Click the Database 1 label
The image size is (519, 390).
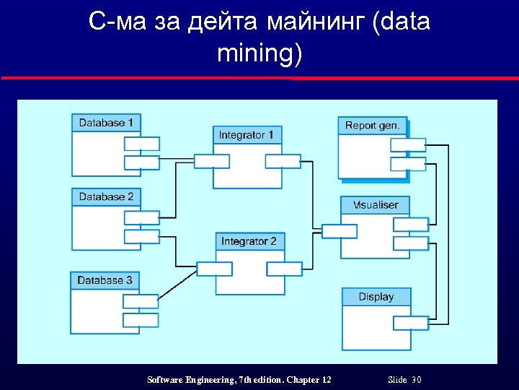[106, 123]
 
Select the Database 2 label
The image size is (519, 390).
[106, 196]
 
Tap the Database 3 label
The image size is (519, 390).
[105, 280]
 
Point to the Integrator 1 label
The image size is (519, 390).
[246, 135]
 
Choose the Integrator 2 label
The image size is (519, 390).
[249, 241]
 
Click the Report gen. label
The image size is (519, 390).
[372, 125]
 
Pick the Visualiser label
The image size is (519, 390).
[376, 205]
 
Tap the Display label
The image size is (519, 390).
[376, 297]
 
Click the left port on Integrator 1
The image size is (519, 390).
[212, 161]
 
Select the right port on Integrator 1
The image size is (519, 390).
[283, 161]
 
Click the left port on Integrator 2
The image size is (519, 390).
[215, 269]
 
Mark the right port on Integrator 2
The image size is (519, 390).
[284, 269]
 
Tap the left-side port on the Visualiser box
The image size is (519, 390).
[339, 231]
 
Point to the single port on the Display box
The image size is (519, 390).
[411, 322]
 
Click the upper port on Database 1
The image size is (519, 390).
[141, 144]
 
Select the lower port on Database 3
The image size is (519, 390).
[141, 319]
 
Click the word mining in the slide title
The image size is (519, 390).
[259, 53]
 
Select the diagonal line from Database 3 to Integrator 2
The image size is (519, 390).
[177, 283]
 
